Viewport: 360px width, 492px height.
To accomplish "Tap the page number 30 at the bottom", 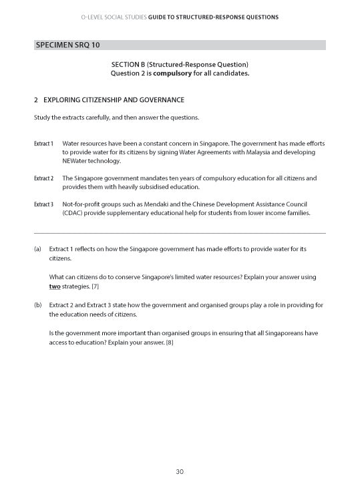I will point(180,472).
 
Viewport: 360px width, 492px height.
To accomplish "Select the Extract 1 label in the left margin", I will point(43,144).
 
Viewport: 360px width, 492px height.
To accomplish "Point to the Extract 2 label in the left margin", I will point(43,179).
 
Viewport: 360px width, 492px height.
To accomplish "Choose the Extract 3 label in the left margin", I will point(43,204).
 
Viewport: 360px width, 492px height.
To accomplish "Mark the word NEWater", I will point(75,162).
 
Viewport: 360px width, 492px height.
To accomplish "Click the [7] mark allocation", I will point(96,286).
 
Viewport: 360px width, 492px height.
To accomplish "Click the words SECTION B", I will point(132,64).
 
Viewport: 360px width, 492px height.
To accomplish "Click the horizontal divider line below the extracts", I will point(180,233).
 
